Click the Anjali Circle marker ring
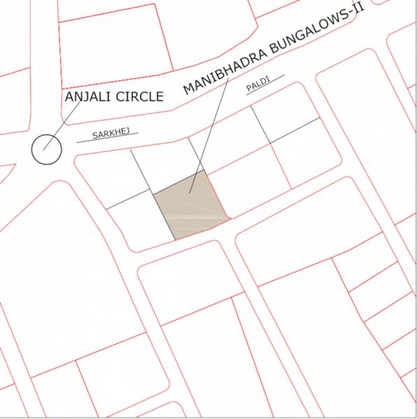[47, 149]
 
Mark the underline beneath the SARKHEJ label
[108, 139]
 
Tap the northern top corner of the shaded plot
[203, 170]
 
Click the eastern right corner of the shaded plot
[230, 218]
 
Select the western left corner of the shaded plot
[153, 192]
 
